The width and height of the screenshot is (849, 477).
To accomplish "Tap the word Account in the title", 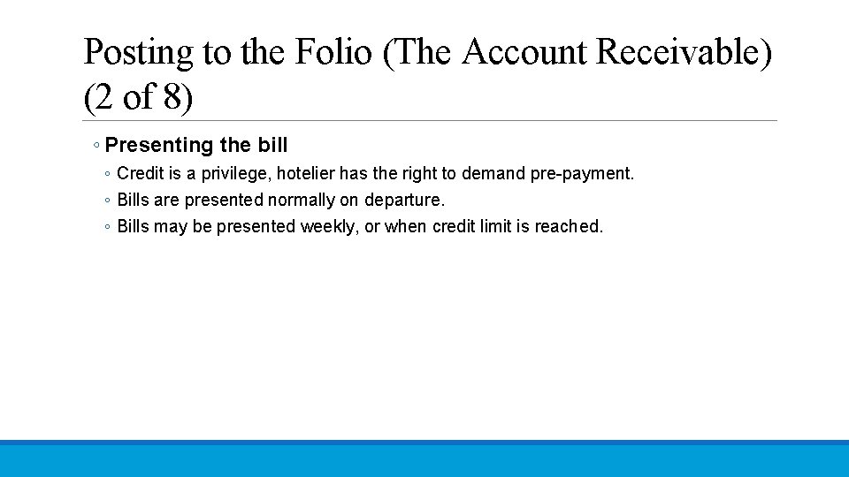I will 524,53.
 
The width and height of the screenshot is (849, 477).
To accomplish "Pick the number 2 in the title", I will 103,97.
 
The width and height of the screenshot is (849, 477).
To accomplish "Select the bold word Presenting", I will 159,145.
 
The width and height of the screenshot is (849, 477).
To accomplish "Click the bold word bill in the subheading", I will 272,145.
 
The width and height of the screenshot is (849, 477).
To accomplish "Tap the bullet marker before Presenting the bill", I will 96,146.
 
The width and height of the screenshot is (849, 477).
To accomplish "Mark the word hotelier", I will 314,173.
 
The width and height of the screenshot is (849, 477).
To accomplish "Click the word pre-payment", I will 582,173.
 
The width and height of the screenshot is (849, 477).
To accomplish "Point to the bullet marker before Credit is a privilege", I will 107,174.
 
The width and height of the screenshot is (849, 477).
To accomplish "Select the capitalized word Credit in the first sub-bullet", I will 141,173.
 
